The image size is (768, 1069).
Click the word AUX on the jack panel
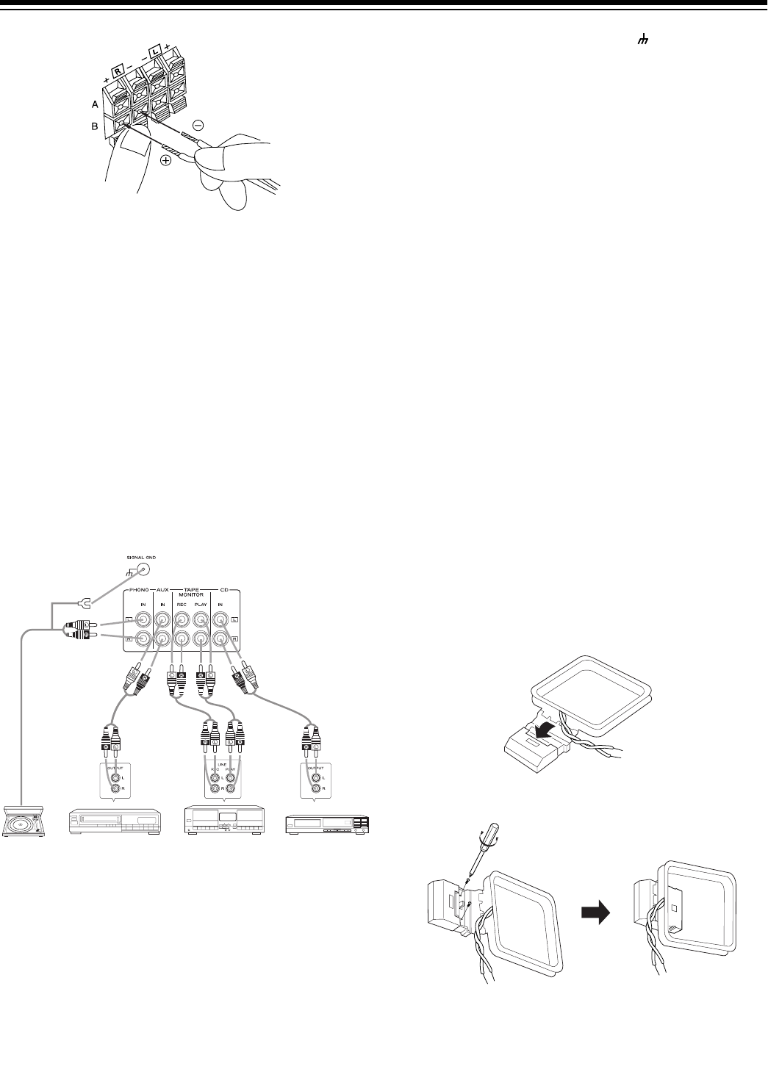point(161,590)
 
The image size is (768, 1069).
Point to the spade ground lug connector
point(85,604)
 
